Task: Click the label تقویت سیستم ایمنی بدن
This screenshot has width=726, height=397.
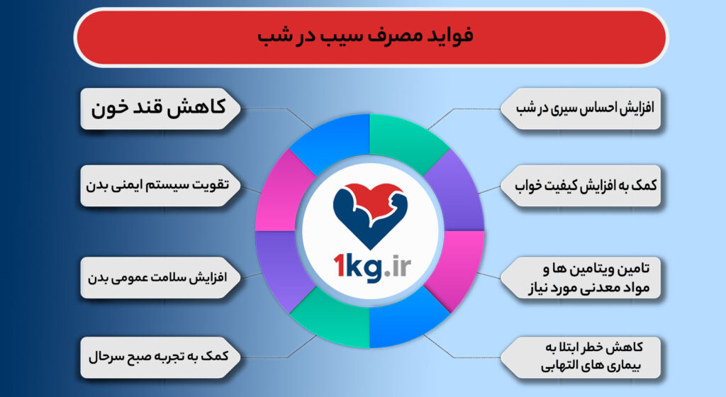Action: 160,186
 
